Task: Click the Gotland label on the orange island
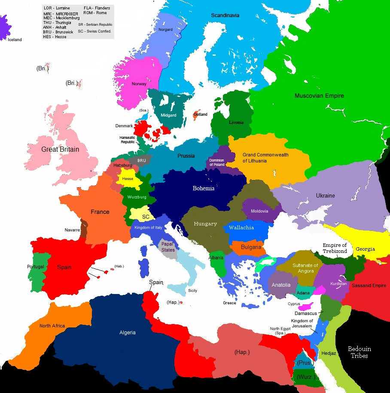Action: (201, 114)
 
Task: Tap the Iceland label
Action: (14, 40)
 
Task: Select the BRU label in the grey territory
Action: (142, 161)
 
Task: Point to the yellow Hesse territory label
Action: (128, 179)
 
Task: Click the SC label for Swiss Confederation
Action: (146, 217)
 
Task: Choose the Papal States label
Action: (168, 247)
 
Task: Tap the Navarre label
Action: (72, 230)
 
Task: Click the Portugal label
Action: (35, 267)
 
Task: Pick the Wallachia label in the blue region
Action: (241, 228)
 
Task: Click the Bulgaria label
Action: (251, 247)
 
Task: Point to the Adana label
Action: (303, 293)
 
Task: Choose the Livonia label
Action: (236, 123)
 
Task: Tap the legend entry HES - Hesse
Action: (55, 37)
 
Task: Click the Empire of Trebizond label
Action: (335, 248)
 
